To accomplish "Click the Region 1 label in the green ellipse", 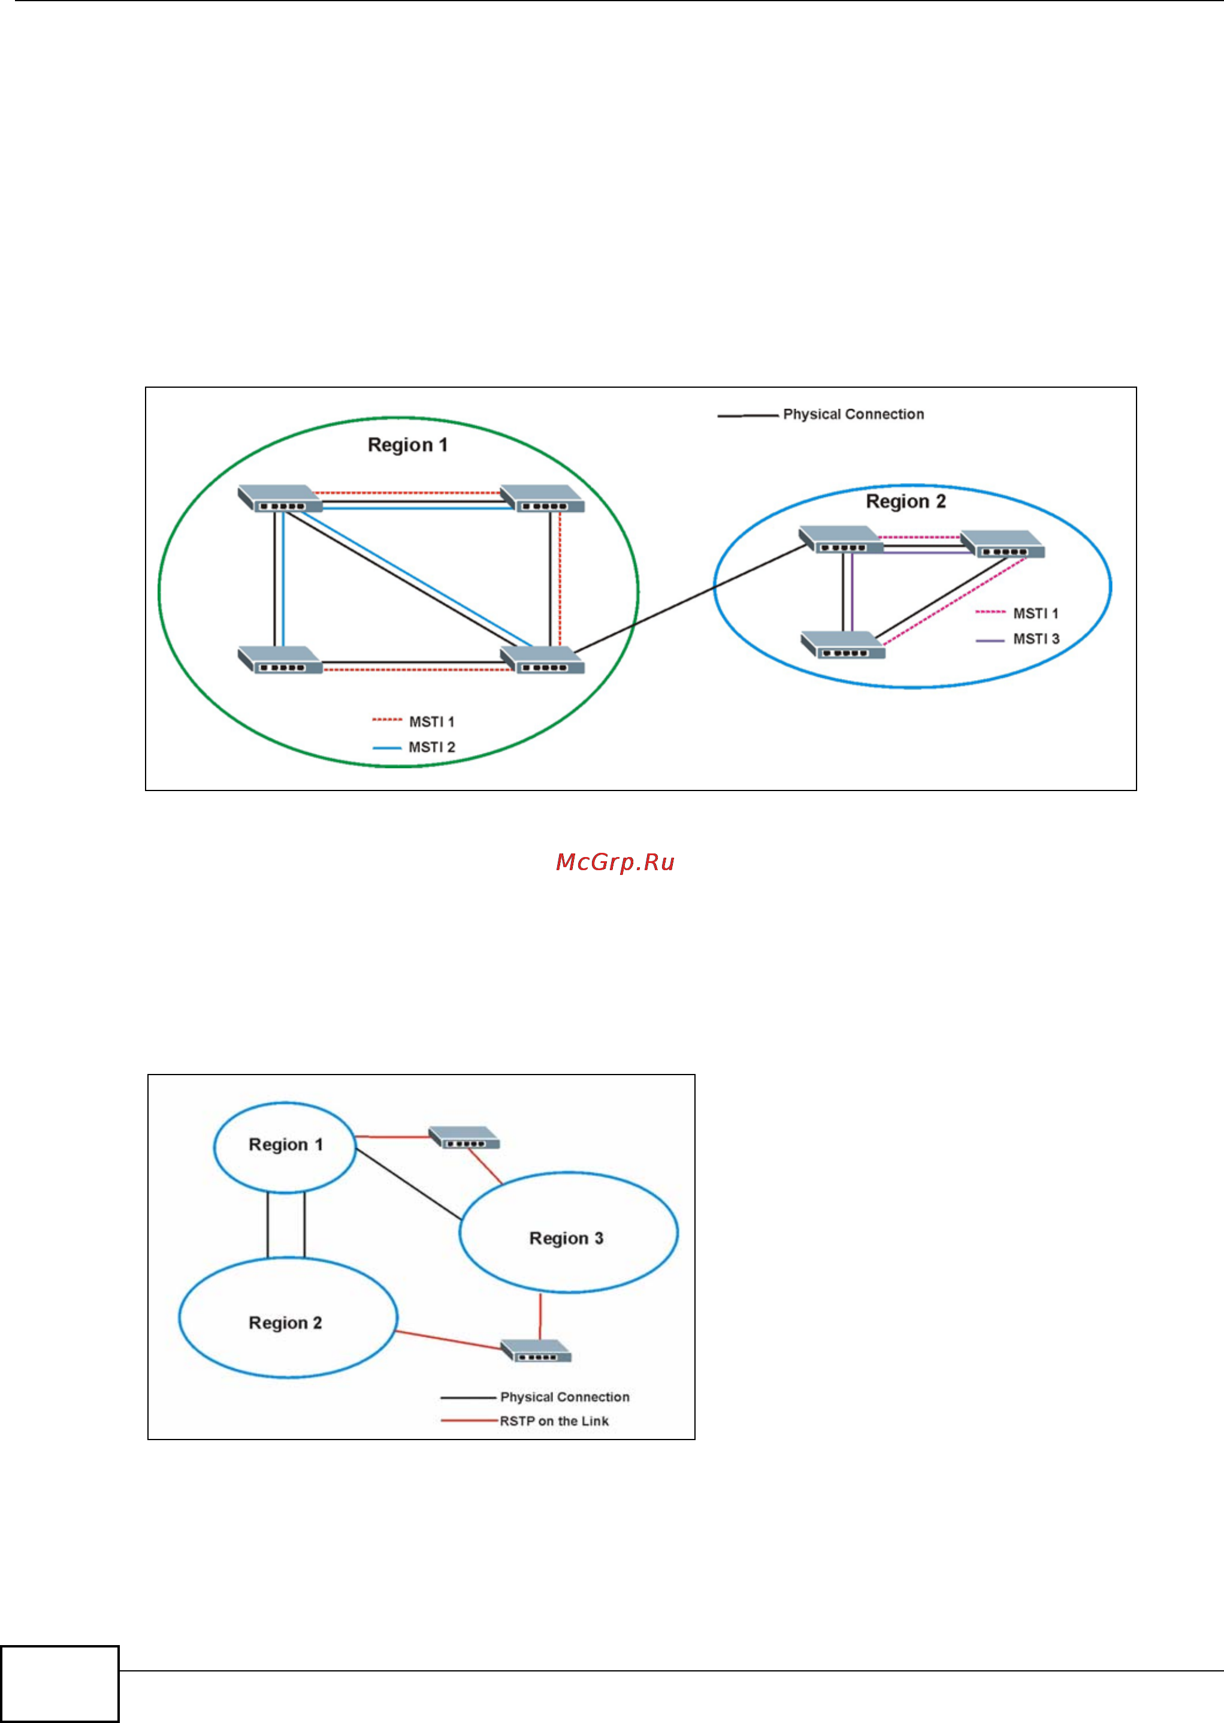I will pyautogui.click(x=407, y=445).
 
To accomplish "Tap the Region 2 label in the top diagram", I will pyautogui.click(x=905, y=501).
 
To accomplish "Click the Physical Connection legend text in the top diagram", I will pyautogui.click(x=853, y=414).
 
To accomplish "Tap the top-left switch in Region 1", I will pyautogui.click(x=279, y=498).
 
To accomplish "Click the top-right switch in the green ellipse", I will pyautogui.click(x=543, y=498).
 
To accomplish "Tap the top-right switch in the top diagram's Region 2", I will pyautogui.click(x=1003, y=544).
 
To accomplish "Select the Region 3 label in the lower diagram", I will pyautogui.click(x=566, y=1238).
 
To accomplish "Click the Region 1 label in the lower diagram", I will pyautogui.click(x=286, y=1144).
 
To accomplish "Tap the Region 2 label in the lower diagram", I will pyautogui.click(x=285, y=1323).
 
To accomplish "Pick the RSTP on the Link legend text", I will pyautogui.click(x=554, y=1421).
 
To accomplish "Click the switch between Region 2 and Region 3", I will pyautogui.click(x=536, y=1351).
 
